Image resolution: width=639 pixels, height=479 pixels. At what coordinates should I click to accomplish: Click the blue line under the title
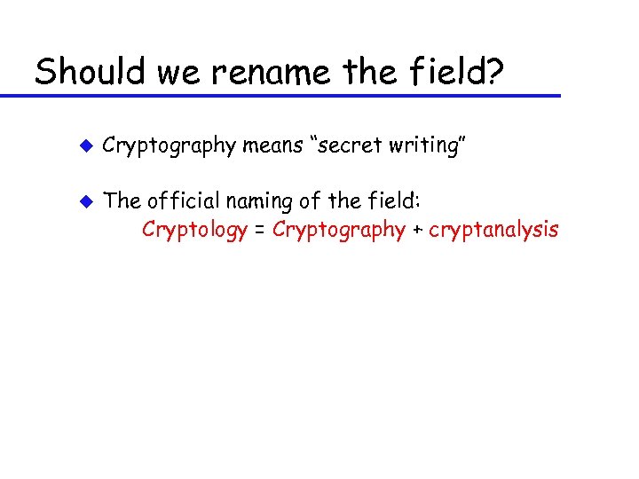(293, 95)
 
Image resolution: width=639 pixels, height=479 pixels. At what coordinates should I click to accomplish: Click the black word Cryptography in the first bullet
(169, 146)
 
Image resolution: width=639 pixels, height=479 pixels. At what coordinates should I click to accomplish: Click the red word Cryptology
(194, 231)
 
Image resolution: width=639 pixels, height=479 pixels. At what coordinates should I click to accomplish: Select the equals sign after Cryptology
(259, 231)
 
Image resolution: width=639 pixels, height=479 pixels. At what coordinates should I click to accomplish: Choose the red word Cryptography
(338, 231)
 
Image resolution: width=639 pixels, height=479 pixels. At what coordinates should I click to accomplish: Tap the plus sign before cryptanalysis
(416, 231)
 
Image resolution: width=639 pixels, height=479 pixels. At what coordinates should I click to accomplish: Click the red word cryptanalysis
(493, 231)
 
